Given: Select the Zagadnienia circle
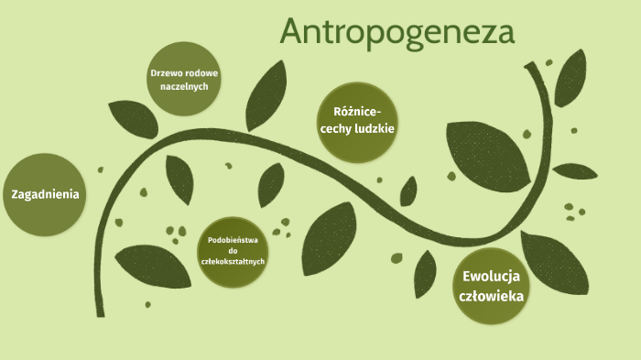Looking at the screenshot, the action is tap(45, 193).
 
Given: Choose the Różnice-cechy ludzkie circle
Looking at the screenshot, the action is tap(357, 121).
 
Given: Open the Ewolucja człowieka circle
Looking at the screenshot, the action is tap(492, 286).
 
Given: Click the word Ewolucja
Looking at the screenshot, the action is tap(492, 276).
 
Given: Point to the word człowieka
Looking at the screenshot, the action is tap(492, 296).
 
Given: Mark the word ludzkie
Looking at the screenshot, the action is tap(376, 129).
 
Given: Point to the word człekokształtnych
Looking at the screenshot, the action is tap(234, 261).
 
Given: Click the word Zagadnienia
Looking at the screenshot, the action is tap(45, 193).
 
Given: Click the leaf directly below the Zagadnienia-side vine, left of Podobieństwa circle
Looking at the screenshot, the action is tap(152, 265).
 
